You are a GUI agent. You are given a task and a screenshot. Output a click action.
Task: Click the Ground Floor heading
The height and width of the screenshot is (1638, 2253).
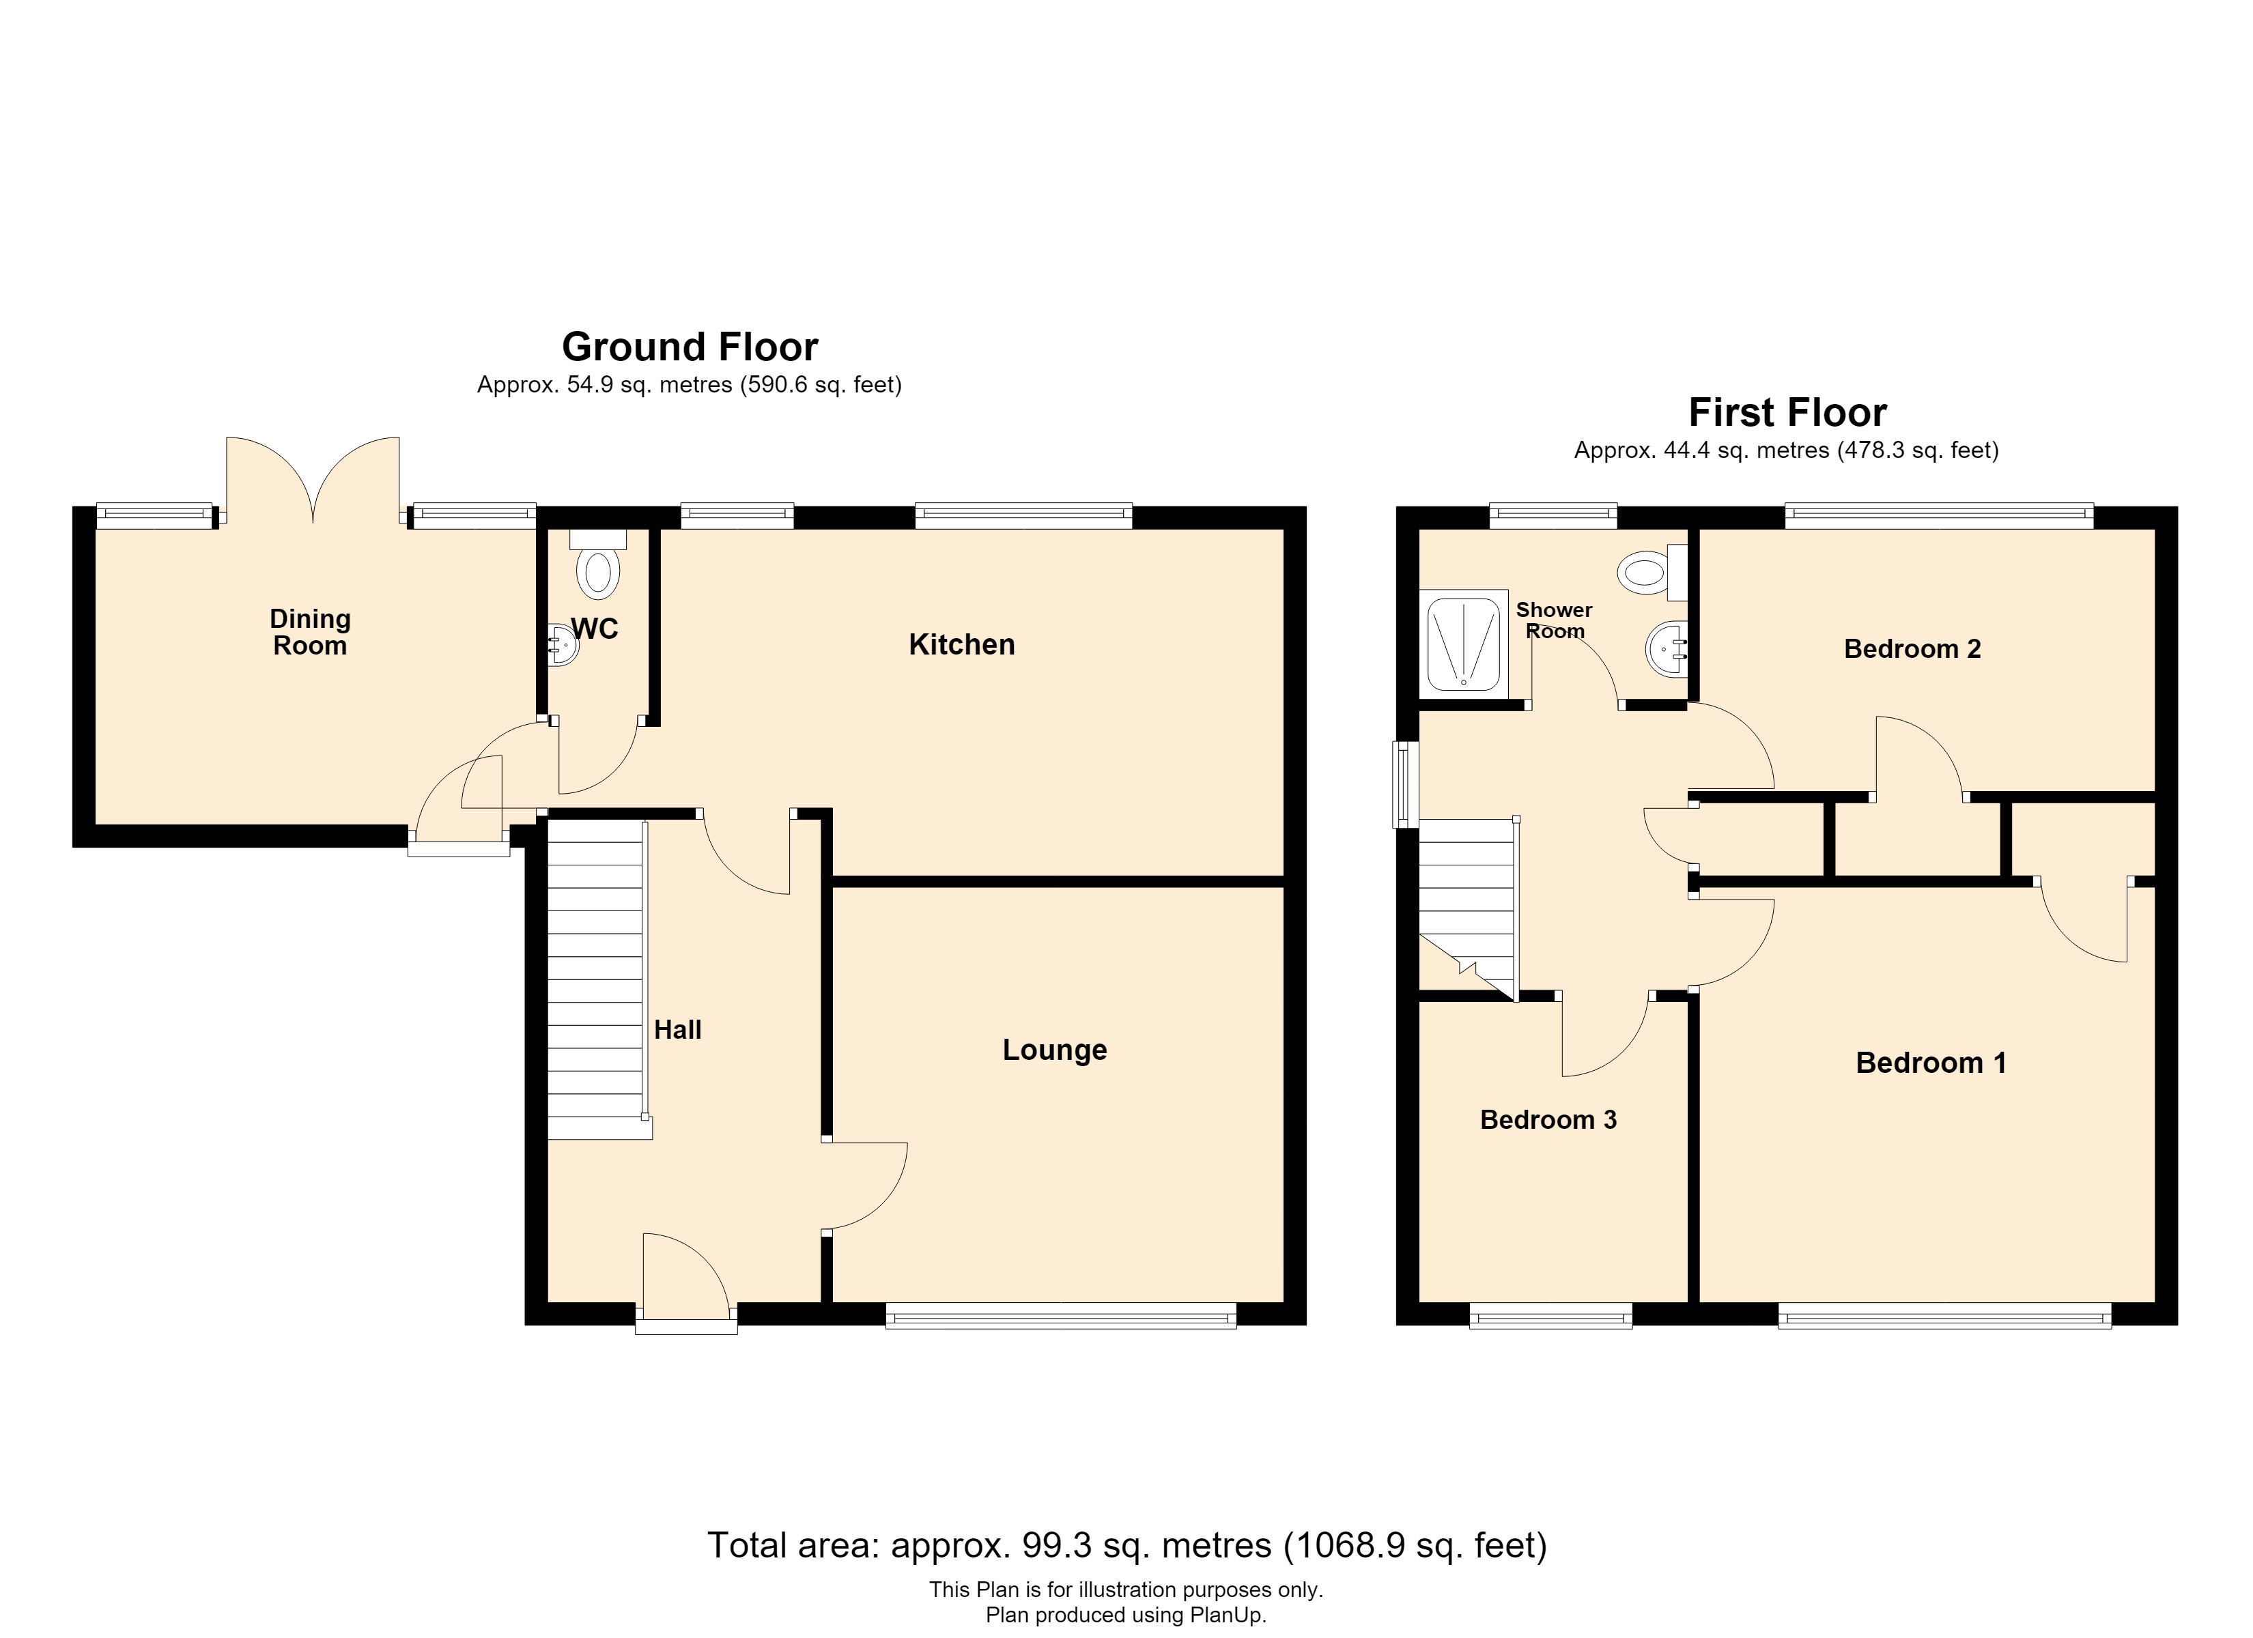click(690, 347)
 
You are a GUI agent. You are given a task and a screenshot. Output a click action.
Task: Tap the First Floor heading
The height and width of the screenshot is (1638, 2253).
click(1787, 412)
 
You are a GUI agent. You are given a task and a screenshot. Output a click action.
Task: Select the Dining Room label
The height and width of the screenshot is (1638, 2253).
click(310, 632)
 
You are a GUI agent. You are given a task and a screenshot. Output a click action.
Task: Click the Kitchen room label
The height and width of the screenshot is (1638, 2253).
click(961, 645)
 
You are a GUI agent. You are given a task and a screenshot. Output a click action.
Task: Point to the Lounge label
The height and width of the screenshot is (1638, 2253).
click(1054, 1050)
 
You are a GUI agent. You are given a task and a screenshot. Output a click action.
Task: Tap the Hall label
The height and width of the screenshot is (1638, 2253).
click(677, 1030)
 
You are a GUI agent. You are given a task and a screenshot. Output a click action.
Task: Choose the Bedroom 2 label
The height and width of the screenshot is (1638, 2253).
click(1912, 650)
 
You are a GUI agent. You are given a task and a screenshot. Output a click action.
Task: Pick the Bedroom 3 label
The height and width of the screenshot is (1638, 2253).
click(1548, 1121)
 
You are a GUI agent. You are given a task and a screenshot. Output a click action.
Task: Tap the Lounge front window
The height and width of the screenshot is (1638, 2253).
click(1061, 1318)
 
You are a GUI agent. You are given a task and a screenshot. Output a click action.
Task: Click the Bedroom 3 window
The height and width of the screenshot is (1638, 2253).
click(1550, 1318)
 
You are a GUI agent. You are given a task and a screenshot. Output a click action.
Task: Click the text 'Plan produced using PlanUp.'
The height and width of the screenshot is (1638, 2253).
click(1126, 1615)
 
